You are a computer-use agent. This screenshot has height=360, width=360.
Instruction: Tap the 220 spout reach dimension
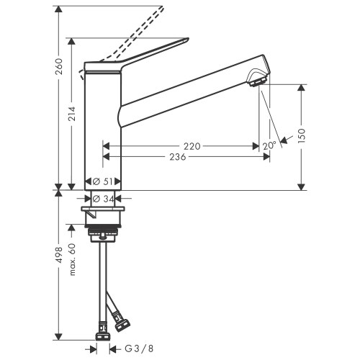click(x=192, y=146)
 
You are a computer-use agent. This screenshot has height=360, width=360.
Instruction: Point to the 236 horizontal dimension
click(x=192, y=157)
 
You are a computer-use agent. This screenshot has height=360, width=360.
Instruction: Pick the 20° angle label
click(x=269, y=145)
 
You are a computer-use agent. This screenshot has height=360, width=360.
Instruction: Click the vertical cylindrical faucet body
click(x=104, y=130)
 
